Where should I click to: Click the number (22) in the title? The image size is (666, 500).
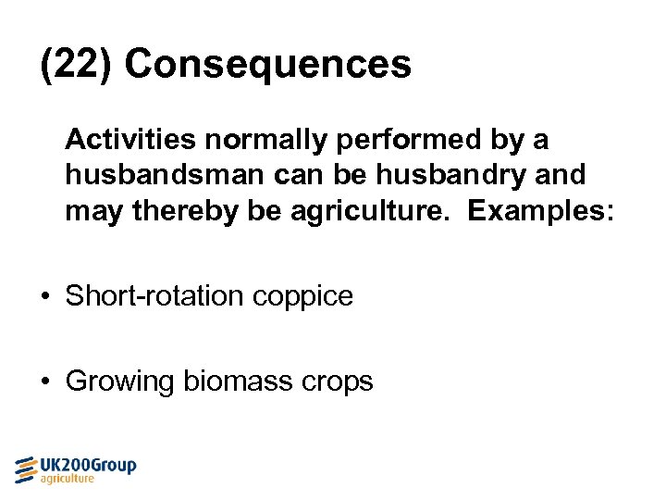click(x=76, y=65)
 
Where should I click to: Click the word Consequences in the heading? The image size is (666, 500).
click(x=268, y=65)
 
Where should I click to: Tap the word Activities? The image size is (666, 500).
click(x=130, y=140)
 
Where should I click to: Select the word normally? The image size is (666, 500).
click(x=268, y=141)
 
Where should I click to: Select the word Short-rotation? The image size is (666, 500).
click(x=154, y=296)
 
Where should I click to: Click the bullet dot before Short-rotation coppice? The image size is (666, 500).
click(x=45, y=297)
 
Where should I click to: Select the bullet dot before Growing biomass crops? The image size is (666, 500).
click(x=45, y=381)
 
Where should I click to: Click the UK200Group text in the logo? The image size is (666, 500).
click(x=89, y=465)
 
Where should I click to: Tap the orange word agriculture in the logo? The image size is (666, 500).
click(x=67, y=480)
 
